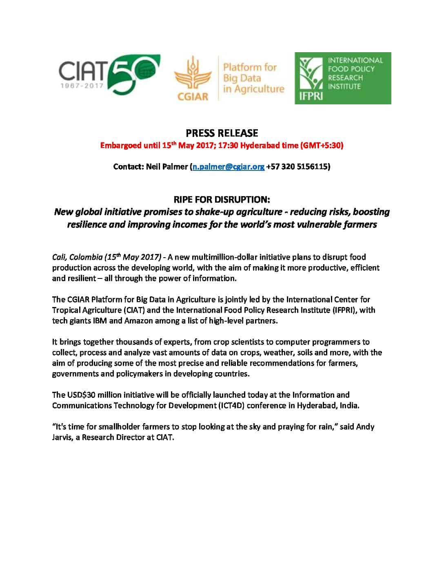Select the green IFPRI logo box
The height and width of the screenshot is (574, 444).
click(x=343, y=78)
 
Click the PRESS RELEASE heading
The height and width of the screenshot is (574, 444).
click(x=222, y=133)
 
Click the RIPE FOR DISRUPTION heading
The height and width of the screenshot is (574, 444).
click(x=222, y=200)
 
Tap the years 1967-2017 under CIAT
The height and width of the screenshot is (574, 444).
click(x=82, y=87)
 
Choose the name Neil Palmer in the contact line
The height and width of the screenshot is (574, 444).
click(x=166, y=167)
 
